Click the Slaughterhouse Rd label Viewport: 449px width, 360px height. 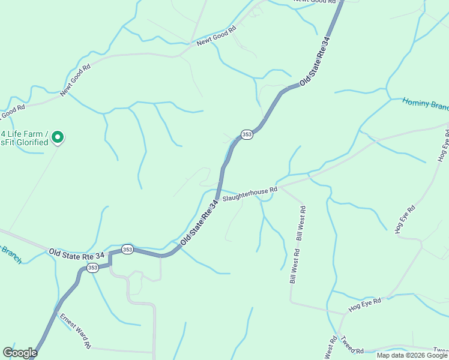[x=250, y=194]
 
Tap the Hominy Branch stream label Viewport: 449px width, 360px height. [x=425, y=104]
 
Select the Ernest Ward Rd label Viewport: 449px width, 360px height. [x=74, y=331]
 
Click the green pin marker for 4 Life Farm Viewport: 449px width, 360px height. [x=58, y=138]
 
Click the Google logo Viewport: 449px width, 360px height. [x=20, y=353]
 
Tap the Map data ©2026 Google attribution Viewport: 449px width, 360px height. [x=412, y=355]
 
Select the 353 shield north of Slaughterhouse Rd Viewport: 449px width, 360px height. [x=247, y=134]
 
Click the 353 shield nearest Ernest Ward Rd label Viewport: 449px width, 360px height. [x=92, y=268]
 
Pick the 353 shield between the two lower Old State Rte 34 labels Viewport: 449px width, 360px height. [x=127, y=249]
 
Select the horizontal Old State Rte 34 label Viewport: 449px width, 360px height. [x=77, y=254]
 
